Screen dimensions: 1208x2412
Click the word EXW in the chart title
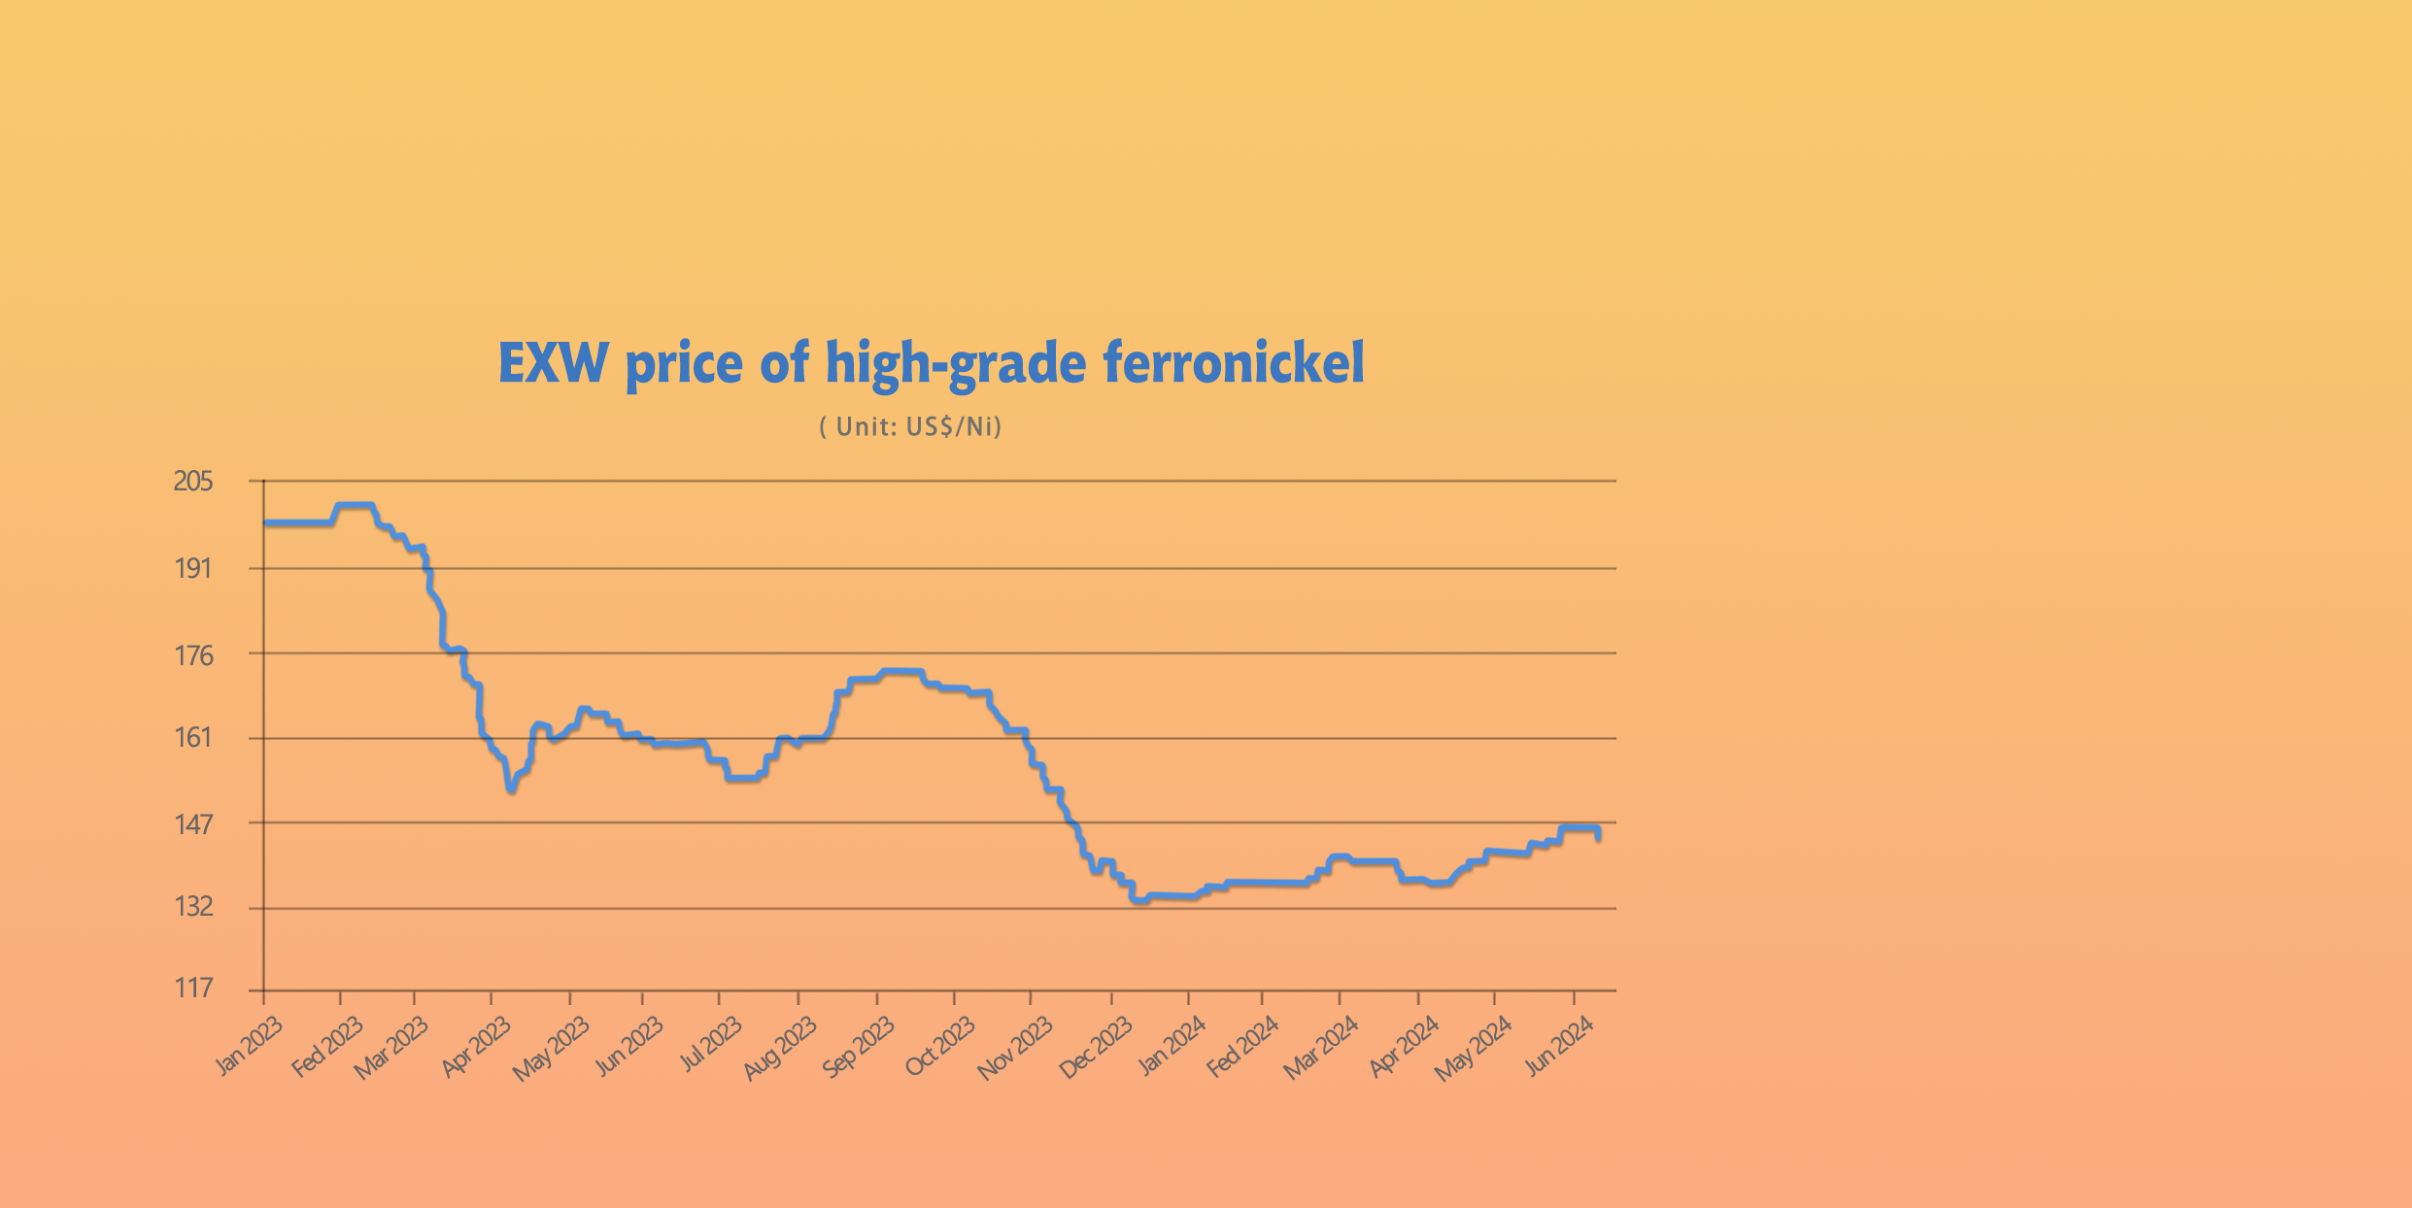click(x=553, y=363)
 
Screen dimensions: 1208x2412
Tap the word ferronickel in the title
click(x=1233, y=363)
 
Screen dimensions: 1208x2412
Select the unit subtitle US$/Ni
click(x=910, y=427)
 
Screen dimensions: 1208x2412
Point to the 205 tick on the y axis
click(x=192, y=482)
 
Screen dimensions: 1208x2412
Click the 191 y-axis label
click(x=192, y=568)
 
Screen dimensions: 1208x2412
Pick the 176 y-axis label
click(x=192, y=656)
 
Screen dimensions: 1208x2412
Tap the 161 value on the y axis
click(x=192, y=738)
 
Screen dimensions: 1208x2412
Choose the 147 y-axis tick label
click(x=192, y=825)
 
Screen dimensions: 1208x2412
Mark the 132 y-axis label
click(x=192, y=907)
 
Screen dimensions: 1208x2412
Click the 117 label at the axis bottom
click(x=192, y=989)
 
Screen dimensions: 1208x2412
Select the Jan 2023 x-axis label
click(x=249, y=1046)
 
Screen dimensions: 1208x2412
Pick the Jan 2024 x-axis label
click(x=1172, y=1047)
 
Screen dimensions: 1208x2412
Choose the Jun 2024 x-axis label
click(x=1559, y=1047)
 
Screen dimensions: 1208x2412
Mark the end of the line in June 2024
click(x=1599, y=837)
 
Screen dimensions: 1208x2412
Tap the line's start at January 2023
click(x=265, y=523)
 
